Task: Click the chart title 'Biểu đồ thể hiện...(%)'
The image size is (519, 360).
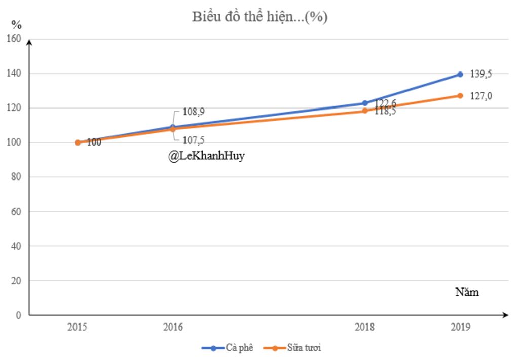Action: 259,17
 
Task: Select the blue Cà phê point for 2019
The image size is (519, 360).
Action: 460,74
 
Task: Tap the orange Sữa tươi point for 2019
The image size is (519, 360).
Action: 460,95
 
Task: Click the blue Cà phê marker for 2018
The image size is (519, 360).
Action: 365,103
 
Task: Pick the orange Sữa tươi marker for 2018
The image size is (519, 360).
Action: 365,111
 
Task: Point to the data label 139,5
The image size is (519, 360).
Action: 481,74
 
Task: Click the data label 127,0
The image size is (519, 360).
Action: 481,96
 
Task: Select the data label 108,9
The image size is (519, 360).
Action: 193,112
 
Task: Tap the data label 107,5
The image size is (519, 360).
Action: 193,140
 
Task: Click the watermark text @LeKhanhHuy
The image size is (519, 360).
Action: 206,156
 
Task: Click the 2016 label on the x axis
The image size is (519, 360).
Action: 173,327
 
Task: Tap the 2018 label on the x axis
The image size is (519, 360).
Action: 365,327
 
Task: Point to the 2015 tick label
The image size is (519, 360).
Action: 77,327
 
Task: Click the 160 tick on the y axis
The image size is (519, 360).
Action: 15,39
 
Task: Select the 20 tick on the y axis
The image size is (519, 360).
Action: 17,280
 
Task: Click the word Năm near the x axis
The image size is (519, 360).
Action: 466,293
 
